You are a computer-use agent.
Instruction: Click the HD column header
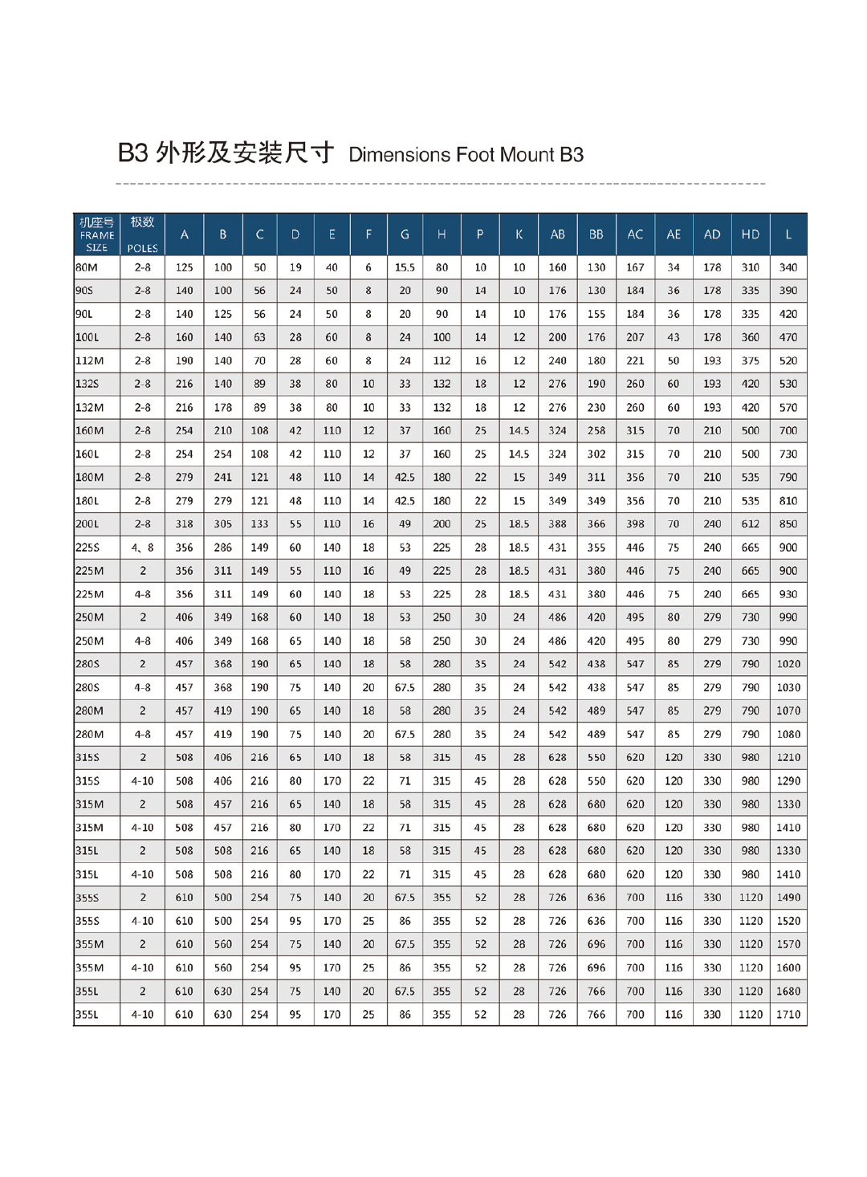tap(750, 234)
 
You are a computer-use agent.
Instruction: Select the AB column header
tap(557, 234)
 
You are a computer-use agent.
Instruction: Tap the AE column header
tap(674, 234)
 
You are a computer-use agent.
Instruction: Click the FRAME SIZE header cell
tap(96, 234)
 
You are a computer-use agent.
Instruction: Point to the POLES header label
tap(142, 248)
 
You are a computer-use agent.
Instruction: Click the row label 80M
tap(87, 267)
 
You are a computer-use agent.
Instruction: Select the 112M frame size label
tap(89, 360)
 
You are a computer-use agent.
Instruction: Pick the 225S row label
tap(88, 548)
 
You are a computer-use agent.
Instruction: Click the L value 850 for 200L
tap(788, 524)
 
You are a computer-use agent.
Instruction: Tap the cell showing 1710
tap(788, 1014)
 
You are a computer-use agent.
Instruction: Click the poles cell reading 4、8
tap(142, 548)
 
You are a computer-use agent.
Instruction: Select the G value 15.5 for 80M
tap(405, 267)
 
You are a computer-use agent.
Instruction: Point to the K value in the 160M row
tap(519, 430)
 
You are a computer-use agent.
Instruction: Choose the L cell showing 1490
tap(788, 898)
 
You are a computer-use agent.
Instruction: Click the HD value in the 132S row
tap(750, 384)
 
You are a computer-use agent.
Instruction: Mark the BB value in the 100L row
tap(596, 337)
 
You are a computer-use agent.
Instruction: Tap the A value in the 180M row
tap(184, 477)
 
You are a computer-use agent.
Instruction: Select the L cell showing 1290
tap(788, 780)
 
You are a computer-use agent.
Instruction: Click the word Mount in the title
tap(527, 154)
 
